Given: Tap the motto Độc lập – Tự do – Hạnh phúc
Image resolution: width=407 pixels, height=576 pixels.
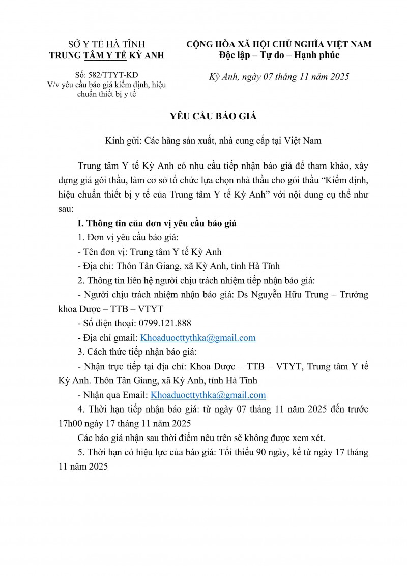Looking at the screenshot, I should pyautogui.click(x=279, y=55).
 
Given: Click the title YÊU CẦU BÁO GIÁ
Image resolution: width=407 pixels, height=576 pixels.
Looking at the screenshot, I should pyautogui.click(x=213, y=117).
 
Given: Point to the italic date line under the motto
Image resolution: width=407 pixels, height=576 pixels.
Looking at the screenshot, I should pyautogui.click(x=279, y=77).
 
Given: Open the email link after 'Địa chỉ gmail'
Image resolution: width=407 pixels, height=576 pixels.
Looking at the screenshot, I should pyautogui.click(x=198, y=337).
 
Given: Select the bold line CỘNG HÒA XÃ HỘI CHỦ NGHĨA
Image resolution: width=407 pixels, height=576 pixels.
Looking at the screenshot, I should pyautogui.click(x=279, y=45).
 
